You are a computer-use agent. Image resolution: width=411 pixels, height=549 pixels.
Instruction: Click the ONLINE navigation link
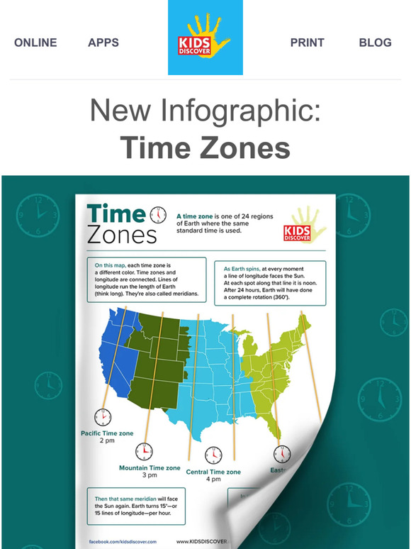coord(35,43)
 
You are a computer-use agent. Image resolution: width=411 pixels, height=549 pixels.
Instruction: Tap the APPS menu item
coord(103,43)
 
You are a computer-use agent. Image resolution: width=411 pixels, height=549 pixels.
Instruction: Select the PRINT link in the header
coord(308,43)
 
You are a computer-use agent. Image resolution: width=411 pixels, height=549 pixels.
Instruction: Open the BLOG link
coord(375,43)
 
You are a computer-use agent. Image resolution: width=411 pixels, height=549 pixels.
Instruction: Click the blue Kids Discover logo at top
coord(205,38)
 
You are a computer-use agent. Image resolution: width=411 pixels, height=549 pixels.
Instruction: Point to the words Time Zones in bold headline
coord(205,148)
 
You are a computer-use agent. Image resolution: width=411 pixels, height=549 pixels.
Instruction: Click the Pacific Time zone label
coord(107,432)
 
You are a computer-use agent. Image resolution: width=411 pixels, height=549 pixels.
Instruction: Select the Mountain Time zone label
coord(150,468)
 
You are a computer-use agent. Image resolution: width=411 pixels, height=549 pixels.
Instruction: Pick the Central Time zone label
coord(213,472)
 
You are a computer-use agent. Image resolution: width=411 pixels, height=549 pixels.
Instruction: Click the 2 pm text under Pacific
coord(107,441)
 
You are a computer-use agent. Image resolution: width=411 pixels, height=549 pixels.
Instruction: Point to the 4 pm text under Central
coord(213,480)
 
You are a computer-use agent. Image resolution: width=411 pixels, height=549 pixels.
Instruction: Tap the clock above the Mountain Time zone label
coord(145,450)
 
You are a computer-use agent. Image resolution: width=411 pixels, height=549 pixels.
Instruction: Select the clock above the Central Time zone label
coord(213,455)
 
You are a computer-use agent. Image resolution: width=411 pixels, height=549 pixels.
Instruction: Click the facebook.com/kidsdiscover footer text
coord(123,540)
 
